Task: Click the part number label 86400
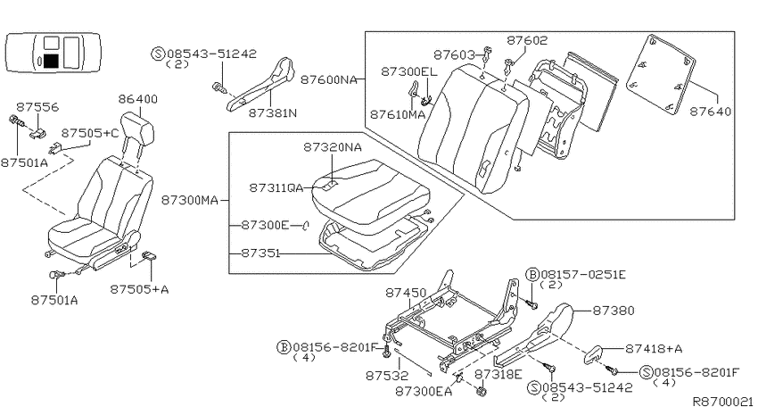(137, 99)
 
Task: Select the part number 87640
(710, 112)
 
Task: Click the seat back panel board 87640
(661, 76)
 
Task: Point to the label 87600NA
(329, 79)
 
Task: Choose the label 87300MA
(189, 200)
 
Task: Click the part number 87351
(260, 253)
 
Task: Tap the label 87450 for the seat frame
(406, 293)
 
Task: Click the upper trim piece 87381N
(261, 85)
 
